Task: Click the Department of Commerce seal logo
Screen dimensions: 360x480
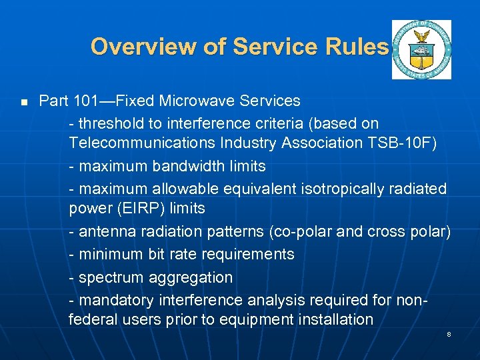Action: coord(421,49)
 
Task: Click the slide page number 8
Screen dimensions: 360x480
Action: coord(449,333)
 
